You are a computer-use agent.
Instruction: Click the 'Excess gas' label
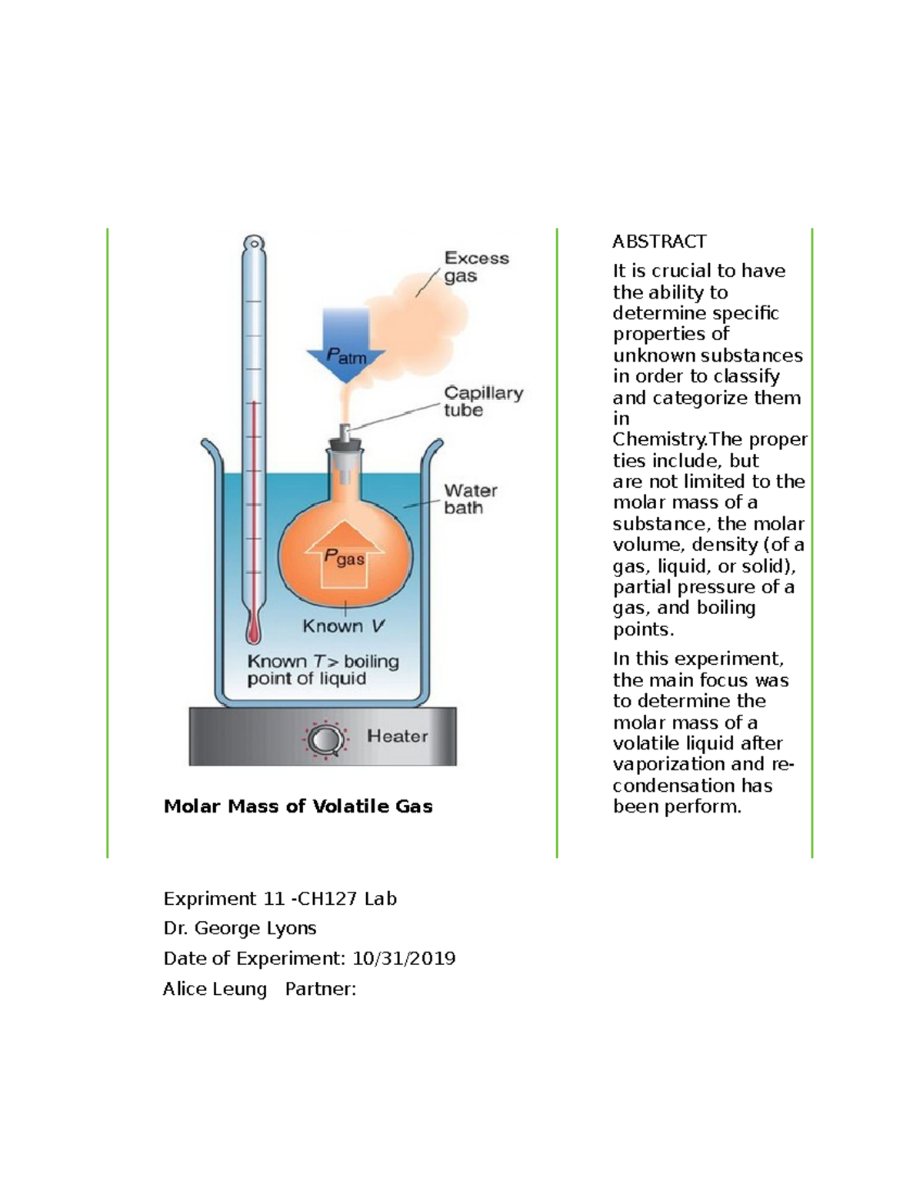point(476,267)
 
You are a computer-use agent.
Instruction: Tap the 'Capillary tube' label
point(483,402)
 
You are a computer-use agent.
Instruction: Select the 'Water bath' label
point(471,499)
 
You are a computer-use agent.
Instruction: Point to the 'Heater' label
point(397,736)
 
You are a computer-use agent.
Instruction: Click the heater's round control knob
point(325,739)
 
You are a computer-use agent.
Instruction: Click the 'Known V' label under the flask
point(344,626)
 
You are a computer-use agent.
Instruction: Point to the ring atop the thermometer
point(254,242)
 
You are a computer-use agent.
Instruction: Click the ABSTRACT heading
point(659,242)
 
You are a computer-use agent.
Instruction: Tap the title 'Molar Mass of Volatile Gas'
point(298,806)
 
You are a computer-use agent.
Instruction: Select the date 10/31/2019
point(404,959)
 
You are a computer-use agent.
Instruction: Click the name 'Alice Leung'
point(215,990)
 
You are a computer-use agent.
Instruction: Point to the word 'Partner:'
point(321,990)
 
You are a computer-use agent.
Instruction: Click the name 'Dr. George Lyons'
point(240,928)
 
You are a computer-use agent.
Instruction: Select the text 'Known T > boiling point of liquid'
point(323,669)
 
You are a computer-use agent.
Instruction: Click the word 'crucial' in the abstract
point(671,271)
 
